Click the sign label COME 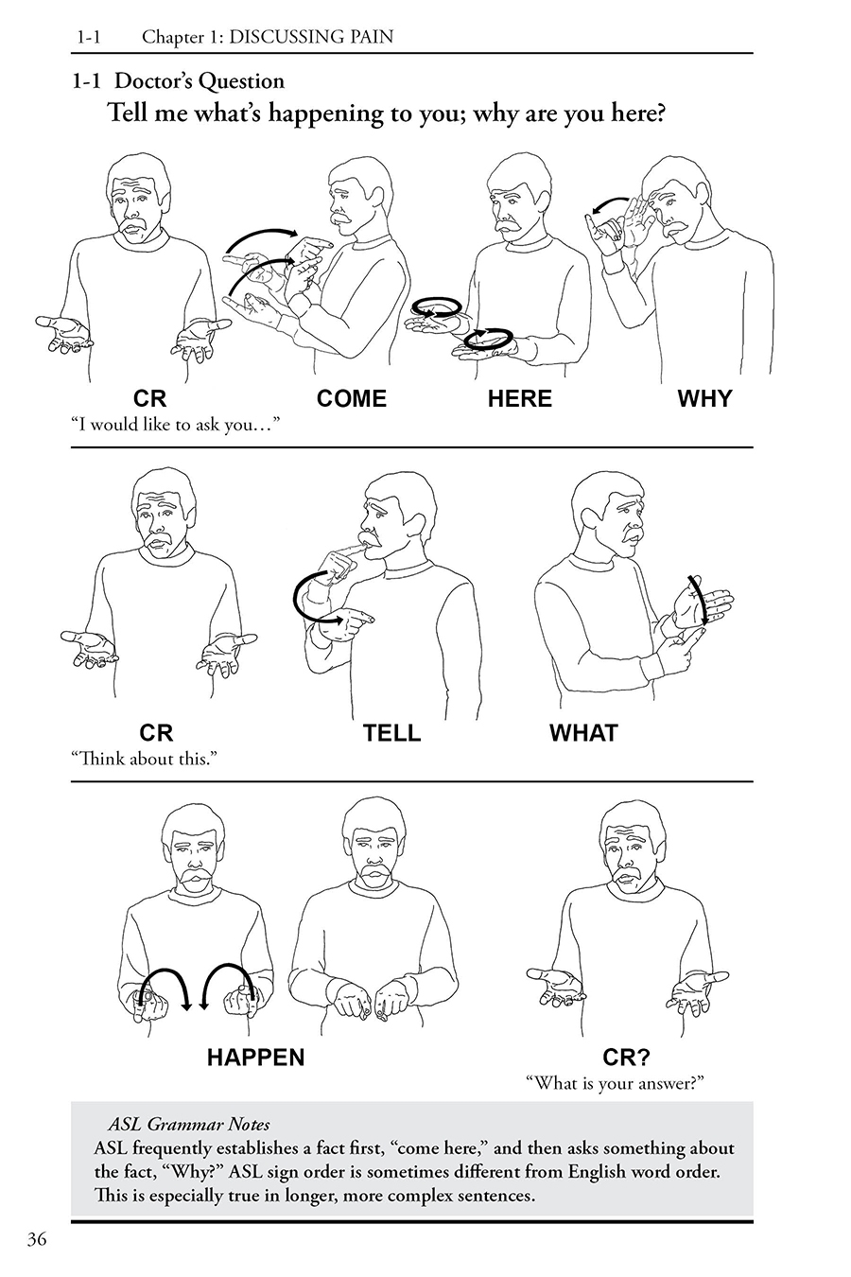[x=351, y=398]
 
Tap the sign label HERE [x=519, y=398]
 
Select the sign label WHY [x=704, y=398]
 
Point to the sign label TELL [x=391, y=732]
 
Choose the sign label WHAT [x=583, y=732]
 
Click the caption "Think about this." [x=144, y=759]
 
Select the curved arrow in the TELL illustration [x=298, y=599]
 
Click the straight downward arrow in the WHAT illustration [x=699, y=600]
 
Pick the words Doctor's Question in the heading [x=199, y=81]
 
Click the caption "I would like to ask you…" [x=176, y=425]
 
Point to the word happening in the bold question [x=326, y=114]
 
